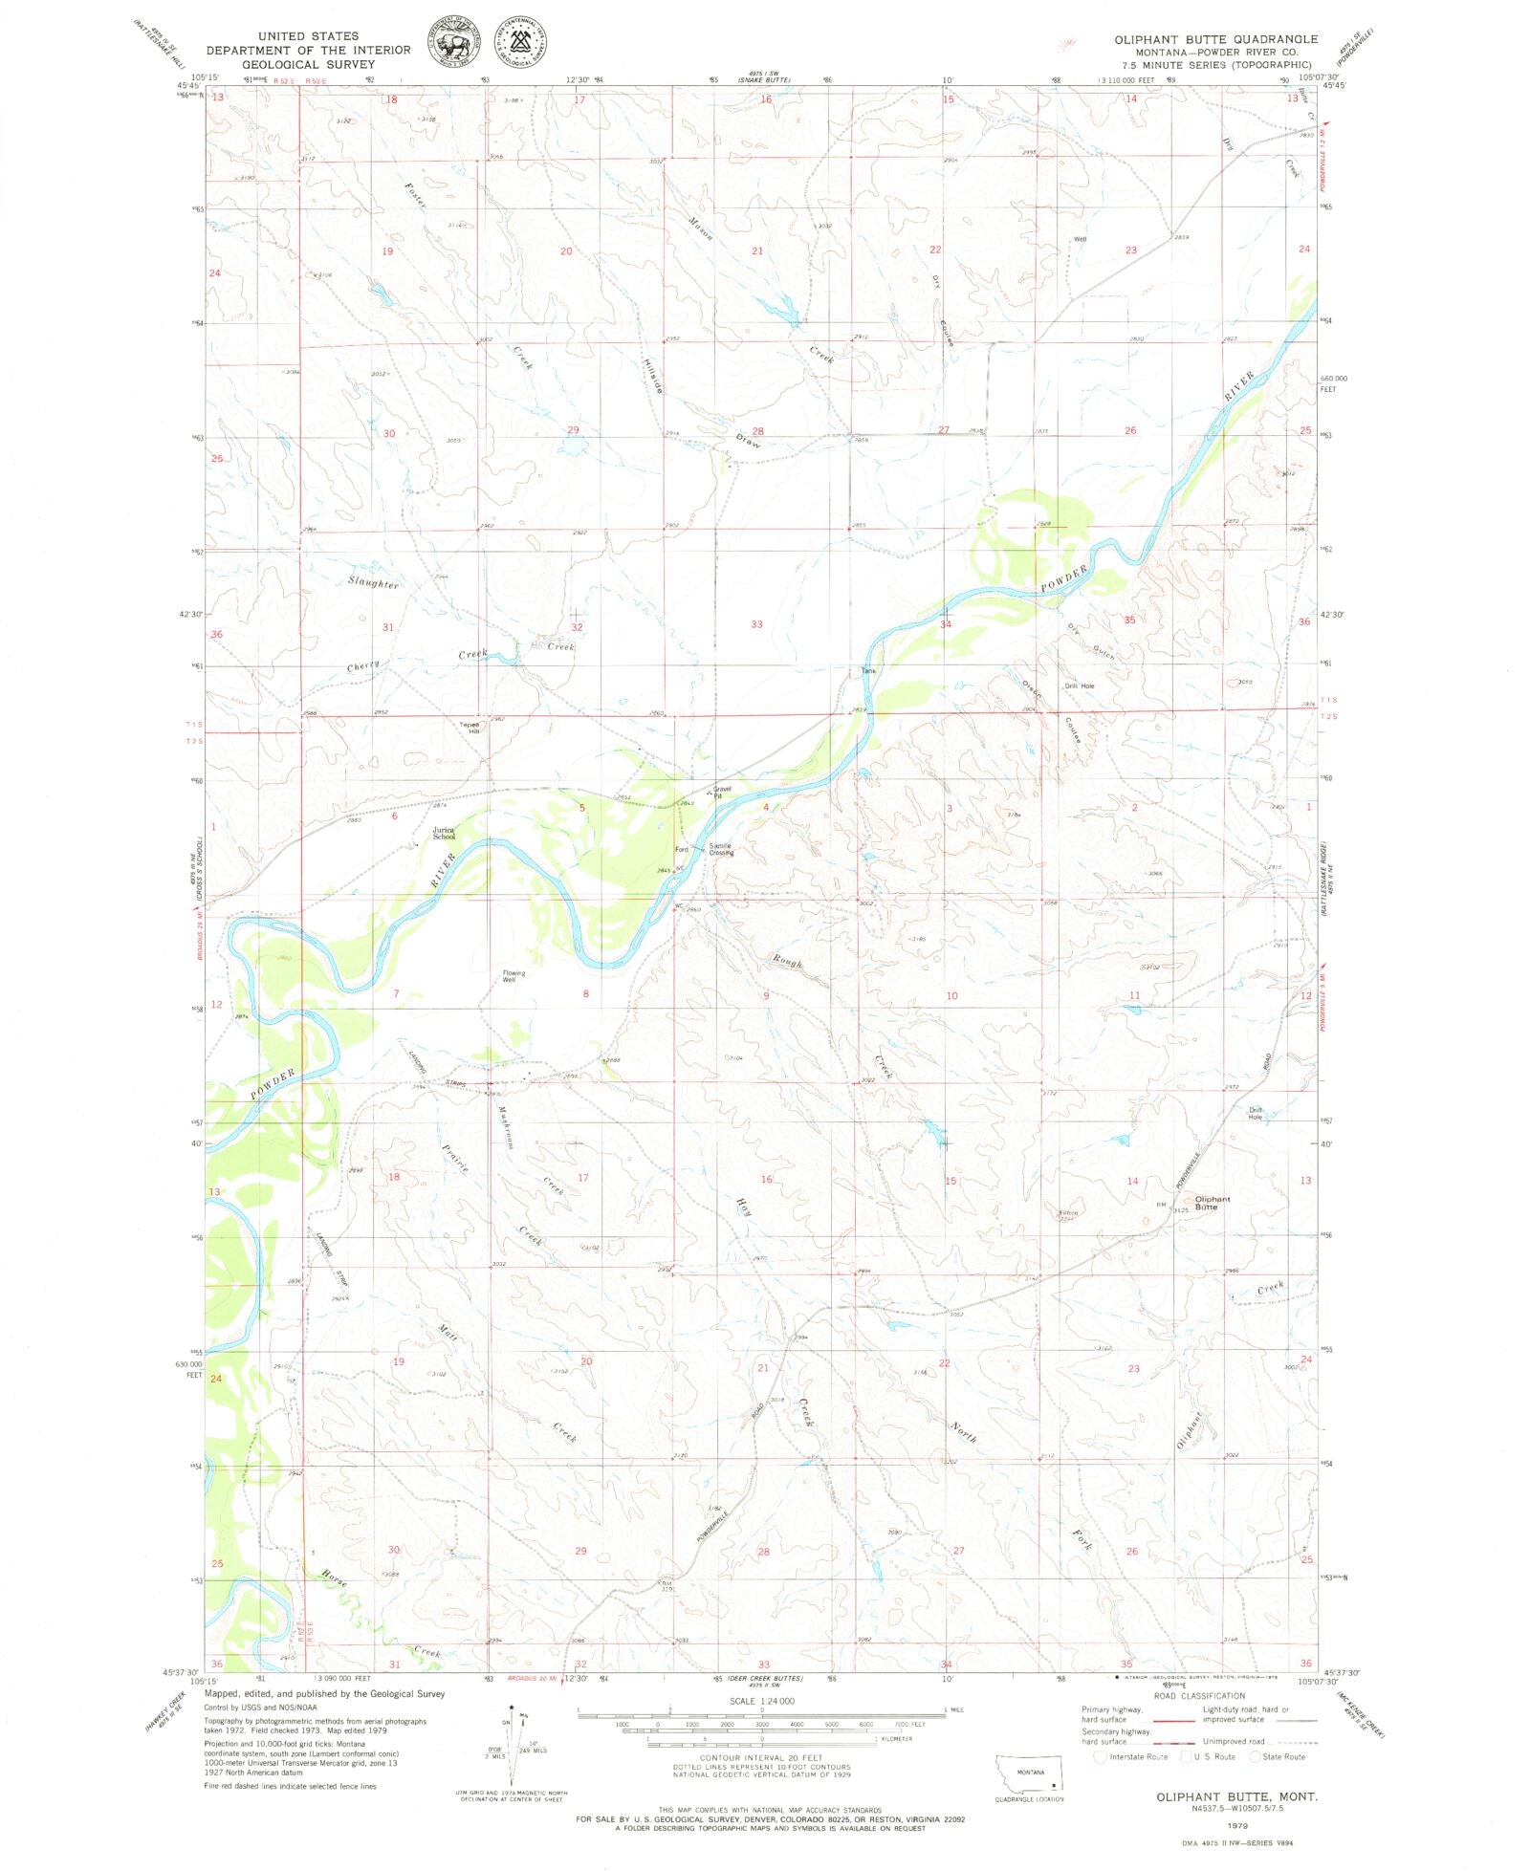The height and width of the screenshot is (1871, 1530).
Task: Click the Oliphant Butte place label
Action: (1212, 1203)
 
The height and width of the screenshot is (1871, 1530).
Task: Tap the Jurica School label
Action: (444, 833)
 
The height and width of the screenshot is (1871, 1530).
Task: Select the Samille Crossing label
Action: (721, 849)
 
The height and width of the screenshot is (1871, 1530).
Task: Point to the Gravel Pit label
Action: (722, 792)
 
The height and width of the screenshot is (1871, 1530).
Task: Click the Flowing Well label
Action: (514, 976)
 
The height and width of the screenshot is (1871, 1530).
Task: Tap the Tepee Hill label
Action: (469, 727)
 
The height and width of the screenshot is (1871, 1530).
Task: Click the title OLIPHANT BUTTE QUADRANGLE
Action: (1215, 39)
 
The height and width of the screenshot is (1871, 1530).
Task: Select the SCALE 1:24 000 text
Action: (761, 1701)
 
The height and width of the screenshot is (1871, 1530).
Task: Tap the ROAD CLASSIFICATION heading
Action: (1199, 1695)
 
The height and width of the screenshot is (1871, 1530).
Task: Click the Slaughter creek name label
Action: (373, 582)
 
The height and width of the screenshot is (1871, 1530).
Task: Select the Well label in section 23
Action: (1080, 239)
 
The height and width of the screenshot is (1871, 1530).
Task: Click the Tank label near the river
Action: (868, 670)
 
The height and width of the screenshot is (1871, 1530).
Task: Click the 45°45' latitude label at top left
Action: (188, 85)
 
